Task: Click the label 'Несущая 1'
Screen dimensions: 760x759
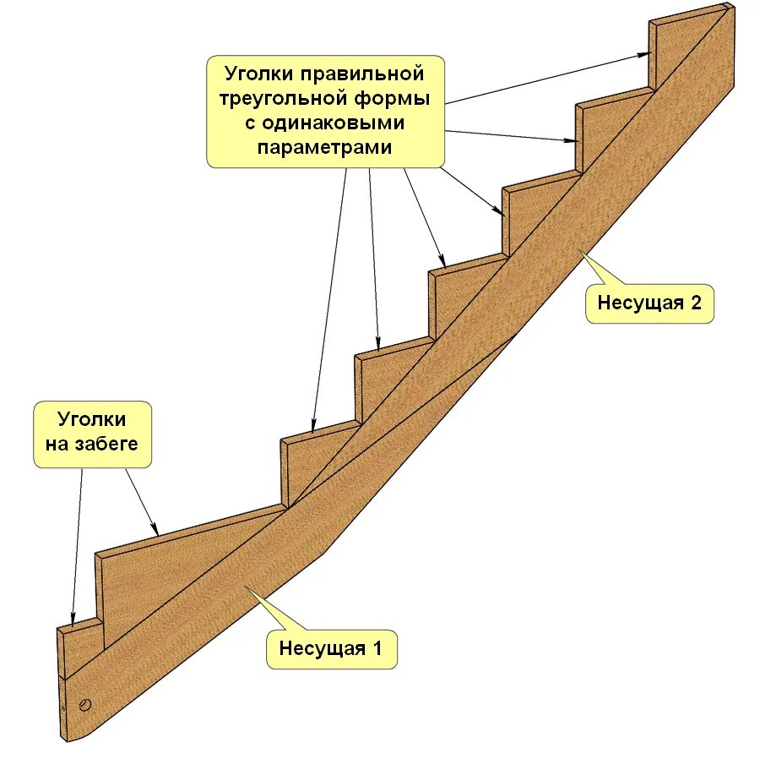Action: coord(331,649)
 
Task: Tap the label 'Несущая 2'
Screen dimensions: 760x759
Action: coord(649,303)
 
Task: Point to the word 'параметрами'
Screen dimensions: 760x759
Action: coord(325,146)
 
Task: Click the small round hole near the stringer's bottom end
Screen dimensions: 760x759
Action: coord(85,704)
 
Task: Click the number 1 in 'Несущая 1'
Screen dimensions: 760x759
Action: coord(377,649)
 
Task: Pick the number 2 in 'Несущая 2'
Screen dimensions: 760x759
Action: coord(696,303)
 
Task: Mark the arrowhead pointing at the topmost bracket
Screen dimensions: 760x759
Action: coord(643,56)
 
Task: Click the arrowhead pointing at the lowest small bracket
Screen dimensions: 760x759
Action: coord(73,620)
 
